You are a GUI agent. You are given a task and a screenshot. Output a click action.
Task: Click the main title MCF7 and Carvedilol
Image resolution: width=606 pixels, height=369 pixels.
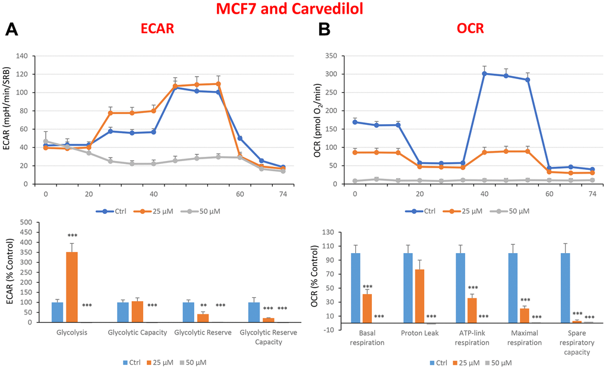coord(303,9)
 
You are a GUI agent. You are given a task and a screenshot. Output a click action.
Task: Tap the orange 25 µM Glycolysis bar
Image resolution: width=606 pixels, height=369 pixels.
coord(72,287)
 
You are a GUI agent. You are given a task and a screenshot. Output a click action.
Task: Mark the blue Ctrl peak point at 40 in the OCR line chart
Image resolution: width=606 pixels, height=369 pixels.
coord(484,74)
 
